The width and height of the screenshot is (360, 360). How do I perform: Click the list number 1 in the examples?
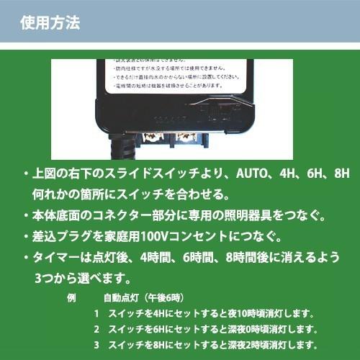click(96, 313)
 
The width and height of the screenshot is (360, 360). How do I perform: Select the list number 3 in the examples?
click(96, 345)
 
